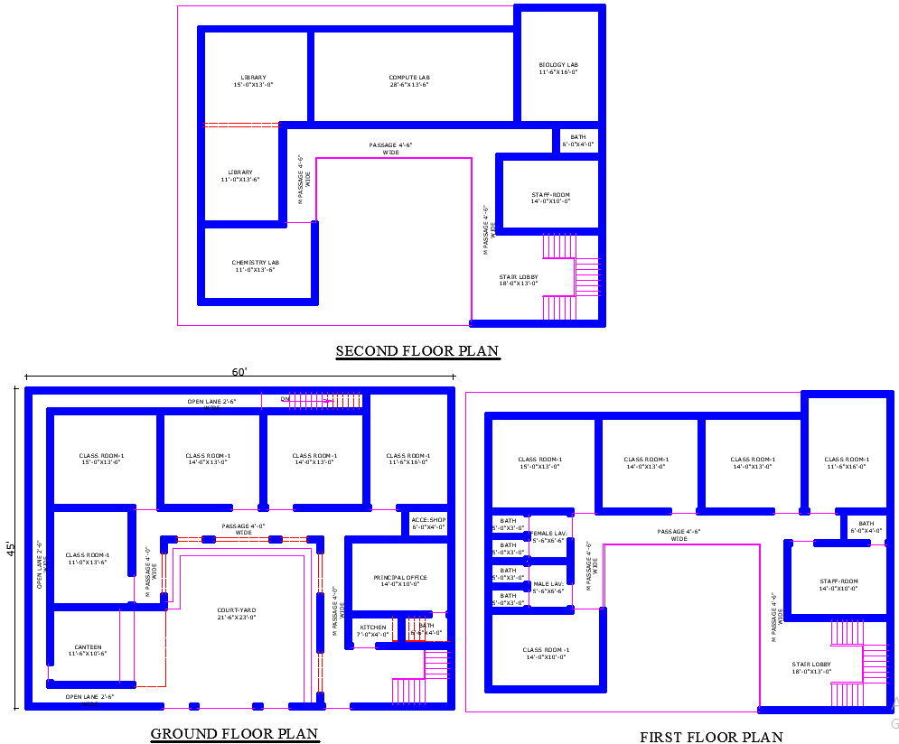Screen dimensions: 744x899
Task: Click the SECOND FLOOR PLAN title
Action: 417,350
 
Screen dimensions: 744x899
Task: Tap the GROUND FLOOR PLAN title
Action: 234,733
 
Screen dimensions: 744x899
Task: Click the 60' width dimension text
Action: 239,372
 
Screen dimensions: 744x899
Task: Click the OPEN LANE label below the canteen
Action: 88,697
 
